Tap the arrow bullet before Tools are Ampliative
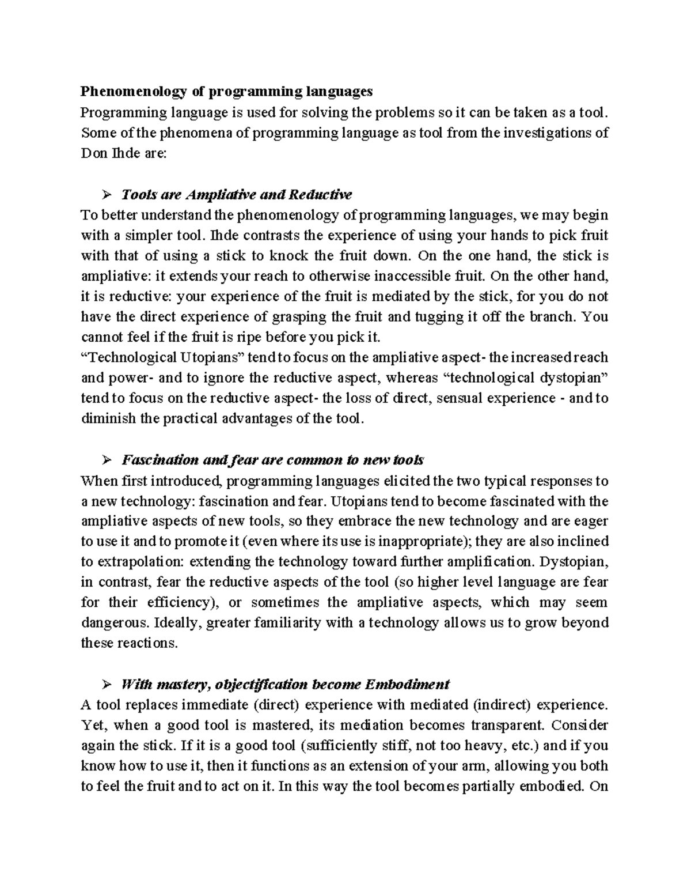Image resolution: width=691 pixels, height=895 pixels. tap(106, 194)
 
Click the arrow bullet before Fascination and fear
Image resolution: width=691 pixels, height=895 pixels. tap(106, 460)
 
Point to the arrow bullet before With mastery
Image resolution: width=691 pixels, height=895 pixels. tap(106, 685)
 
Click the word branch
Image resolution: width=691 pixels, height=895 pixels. tap(553, 317)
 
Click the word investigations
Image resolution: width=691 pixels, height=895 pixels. tap(545, 133)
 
